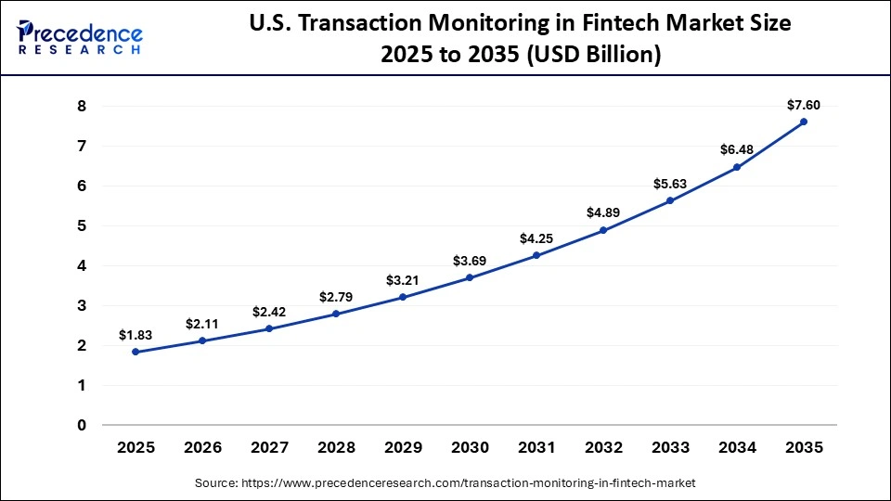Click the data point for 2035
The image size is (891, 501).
pyautogui.click(x=804, y=122)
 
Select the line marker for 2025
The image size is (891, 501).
pyautogui.click(x=136, y=352)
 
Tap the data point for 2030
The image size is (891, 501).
pyautogui.click(x=470, y=277)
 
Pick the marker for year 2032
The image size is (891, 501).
pyautogui.click(x=603, y=230)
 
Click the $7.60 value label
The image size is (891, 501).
pyautogui.click(x=804, y=105)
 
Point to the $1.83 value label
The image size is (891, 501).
pyautogui.click(x=136, y=335)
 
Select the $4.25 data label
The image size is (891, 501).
pyautogui.click(x=536, y=238)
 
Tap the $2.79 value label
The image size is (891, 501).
pyautogui.click(x=336, y=297)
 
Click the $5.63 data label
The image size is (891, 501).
pyautogui.click(x=670, y=184)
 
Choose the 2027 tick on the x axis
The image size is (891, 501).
pyautogui.click(x=269, y=447)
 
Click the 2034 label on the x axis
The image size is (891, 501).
pyautogui.click(x=737, y=447)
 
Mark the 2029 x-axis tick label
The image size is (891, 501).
pyautogui.click(x=403, y=447)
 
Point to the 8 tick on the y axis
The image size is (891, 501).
pyautogui.click(x=82, y=107)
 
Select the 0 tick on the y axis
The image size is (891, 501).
pyautogui.click(x=82, y=426)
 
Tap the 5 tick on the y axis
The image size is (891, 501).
pyautogui.click(x=82, y=226)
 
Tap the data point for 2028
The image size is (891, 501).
pyautogui.click(x=336, y=314)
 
